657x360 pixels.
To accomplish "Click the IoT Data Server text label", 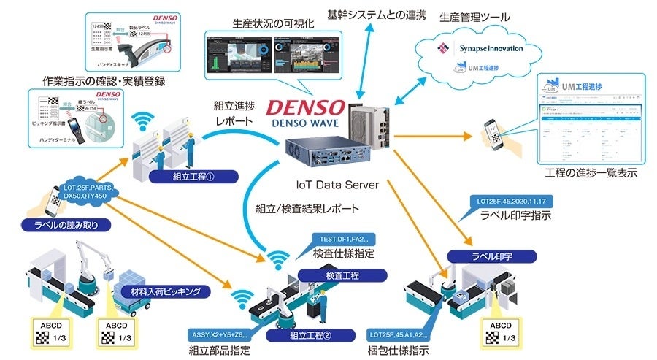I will coord(337,185).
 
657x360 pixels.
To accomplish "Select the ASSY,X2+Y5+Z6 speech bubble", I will coord(218,333).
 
